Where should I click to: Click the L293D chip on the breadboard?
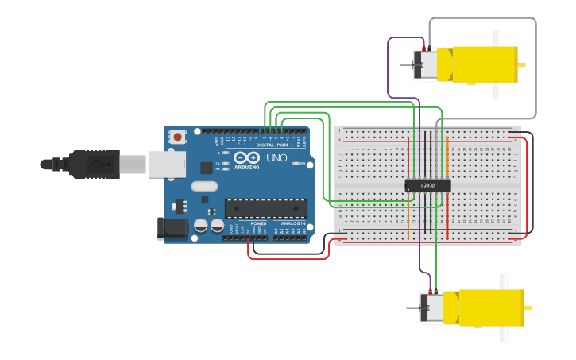pyautogui.click(x=428, y=185)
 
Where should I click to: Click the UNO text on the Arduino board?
pyautogui.click(x=276, y=158)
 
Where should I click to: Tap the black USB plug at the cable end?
pyautogui.click(x=94, y=165)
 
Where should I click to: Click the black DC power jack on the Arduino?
pyautogui.click(x=172, y=228)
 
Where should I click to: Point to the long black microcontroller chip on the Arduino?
pyautogui.click(x=265, y=207)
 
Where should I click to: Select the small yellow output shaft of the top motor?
pyautogui.click(x=522, y=64)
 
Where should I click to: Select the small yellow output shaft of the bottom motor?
pyautogui.click(x=528, y=308)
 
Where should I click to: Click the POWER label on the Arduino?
pyautogui.click(x=259, y=223)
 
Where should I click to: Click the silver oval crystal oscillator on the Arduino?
pyautogui.click(x=203, y=188)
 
